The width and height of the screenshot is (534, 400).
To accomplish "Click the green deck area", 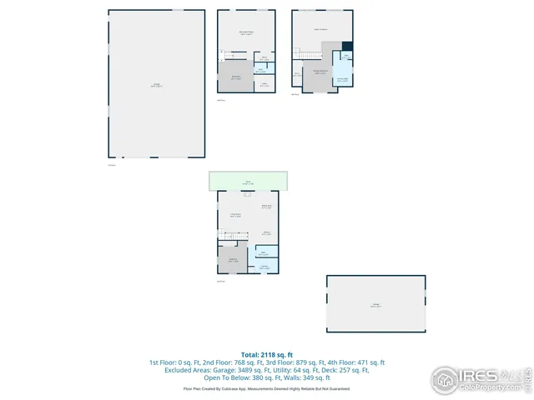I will pyautogui.click(x=248, y=181).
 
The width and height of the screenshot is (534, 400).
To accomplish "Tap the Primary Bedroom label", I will pyautogui.click(x=320, y=72).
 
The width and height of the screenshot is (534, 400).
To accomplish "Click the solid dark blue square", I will pyautogui.click(x=348, y=46).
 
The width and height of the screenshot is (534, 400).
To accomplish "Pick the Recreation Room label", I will pyautogui.click(x=246, y=32).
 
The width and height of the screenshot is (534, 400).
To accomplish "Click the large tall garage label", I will pyautogui.click(x=156, y=85).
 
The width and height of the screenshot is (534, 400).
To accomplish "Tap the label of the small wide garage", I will pyautogui.click(x=375, y=306).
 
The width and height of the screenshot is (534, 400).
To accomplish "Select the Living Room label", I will pyautogui.click(x=235, y=215).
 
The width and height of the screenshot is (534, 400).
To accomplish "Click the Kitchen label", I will pyautogui.click(x=265, y=233).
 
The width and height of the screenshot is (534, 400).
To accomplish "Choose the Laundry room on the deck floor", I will pyautogui.click(x=264, y=266).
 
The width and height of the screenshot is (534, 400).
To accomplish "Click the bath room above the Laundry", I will pyautogui.click(x=264, y=252).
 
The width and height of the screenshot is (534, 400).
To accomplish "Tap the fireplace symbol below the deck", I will pyautogui.click(x=247, y=194).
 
